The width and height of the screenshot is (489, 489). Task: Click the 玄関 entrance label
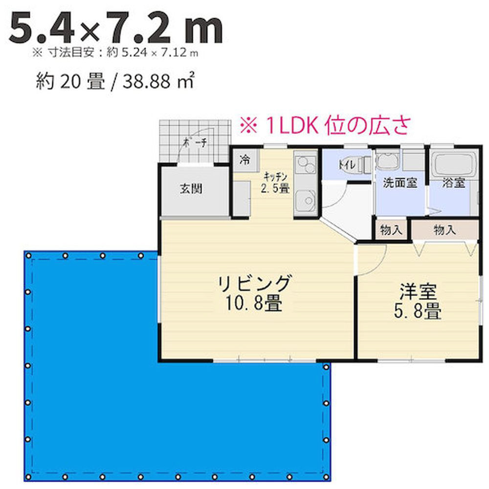(x=191, y=188)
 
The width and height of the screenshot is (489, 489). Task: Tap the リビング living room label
(x=254, y=283)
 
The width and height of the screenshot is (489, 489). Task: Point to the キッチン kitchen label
(x=275, y=177)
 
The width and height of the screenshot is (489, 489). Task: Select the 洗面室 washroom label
(x=400, y=182)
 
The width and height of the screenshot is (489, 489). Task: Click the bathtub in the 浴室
(x=454, y=164)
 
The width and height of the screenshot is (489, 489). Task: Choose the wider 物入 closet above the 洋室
(x=445, y=230)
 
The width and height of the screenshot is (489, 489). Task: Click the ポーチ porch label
(x=195, y=142)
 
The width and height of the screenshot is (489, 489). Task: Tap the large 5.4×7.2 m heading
(x=116, y=28)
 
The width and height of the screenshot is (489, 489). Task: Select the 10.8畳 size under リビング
(x=254, y=303)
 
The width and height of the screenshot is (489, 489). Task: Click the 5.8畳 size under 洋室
(x=418, y=311)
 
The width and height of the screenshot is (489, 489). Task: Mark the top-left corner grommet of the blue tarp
(x=29, y=256)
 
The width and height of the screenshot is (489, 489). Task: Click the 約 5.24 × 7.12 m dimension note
(x=153, y=53)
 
